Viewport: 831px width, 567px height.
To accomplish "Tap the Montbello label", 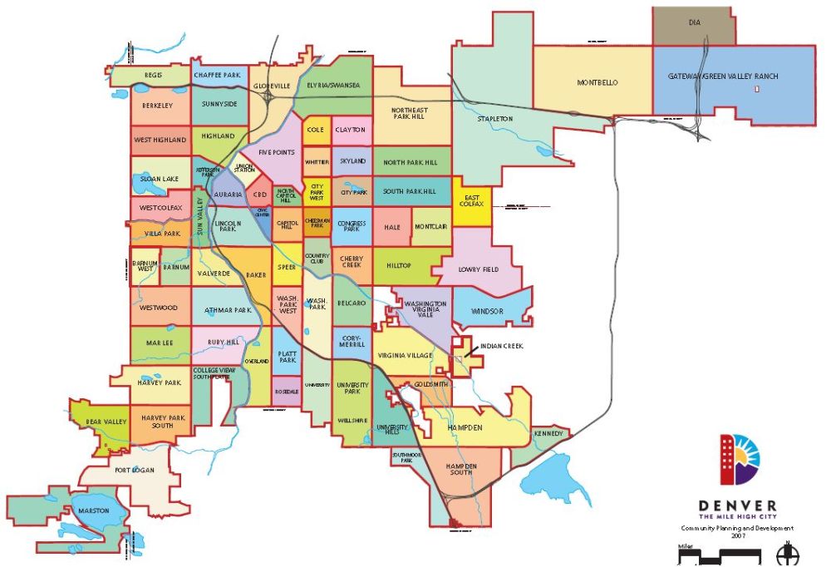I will click(x=597, y=82).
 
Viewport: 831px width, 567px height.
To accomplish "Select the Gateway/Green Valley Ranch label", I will click(x=723, y=76).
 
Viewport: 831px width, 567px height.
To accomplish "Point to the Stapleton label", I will click(x=494, y=119).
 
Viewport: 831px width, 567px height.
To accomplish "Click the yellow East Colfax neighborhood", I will click(x=471, y=202).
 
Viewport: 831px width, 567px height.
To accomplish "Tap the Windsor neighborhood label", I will click(x=487, y=311).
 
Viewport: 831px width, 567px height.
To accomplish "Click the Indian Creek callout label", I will click(x=502, y=345).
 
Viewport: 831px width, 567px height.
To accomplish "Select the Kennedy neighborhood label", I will click(x=548, y=434).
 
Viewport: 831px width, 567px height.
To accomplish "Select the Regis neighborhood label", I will click(x=153, y=75).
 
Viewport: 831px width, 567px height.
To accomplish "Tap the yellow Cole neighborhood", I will click(x=316, y=130).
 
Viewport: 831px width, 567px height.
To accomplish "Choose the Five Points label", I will click(x=276, y=153).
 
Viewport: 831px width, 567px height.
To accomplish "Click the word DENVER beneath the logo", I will click(x=738, y=505).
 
